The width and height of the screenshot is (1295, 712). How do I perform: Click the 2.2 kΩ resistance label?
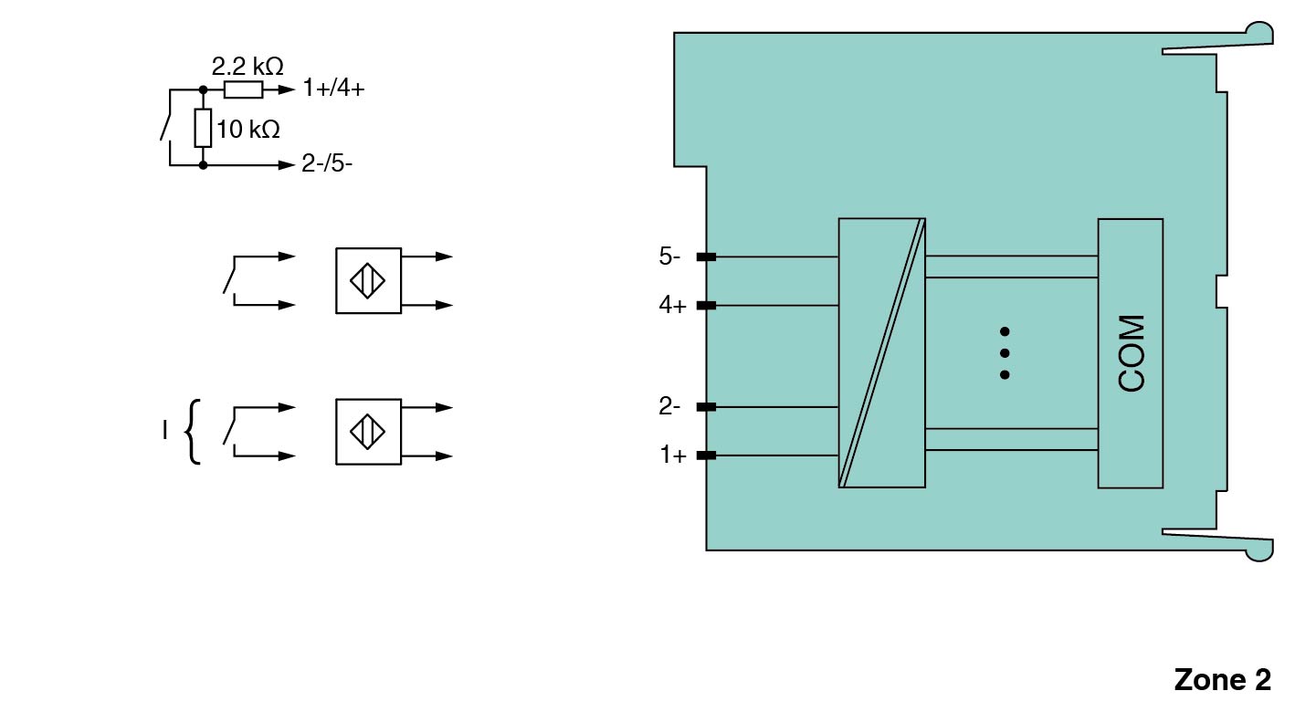coord(247,67)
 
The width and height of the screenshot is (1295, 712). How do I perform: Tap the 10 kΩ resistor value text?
coord(248,129)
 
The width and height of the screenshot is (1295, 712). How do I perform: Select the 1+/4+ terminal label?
coord(333,88)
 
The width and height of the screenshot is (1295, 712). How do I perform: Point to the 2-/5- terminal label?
coord(327,163)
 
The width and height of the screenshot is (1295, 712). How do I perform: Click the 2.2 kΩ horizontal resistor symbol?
coord(244,90)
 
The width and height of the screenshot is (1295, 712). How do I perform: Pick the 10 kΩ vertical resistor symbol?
coord(203,128)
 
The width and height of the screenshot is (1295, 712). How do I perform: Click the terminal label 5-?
coord(669,256)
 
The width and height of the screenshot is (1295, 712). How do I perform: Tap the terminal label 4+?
coord(672,305)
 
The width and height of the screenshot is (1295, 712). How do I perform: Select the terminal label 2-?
coord(669,406)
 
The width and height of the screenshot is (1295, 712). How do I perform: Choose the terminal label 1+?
coord(673,455)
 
